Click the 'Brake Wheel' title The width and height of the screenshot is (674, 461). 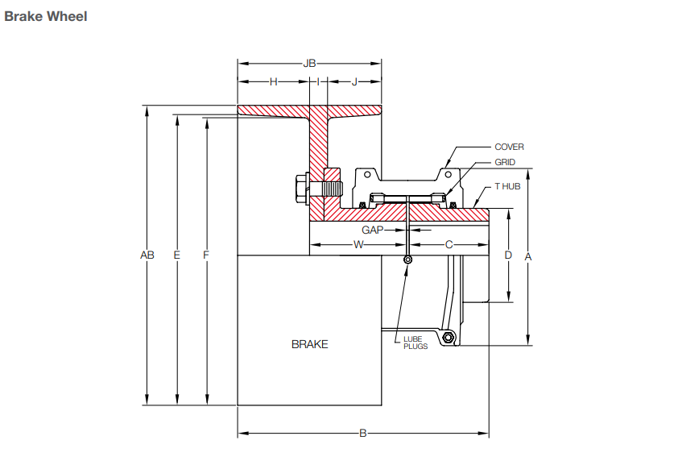[46, 16]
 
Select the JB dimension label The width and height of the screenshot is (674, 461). [309, 63]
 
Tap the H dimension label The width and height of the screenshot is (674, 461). [273, 81]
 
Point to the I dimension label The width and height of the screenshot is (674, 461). [318, 81]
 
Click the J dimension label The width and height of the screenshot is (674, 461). [354, 81]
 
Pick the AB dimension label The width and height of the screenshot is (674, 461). [147, 255]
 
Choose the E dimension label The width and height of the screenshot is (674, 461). [176, 255]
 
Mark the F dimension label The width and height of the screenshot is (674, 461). [206, 255]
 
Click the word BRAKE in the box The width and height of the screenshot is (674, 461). [309, 344]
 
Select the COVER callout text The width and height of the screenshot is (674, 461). [509, 147]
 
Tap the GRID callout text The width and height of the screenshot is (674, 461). [505, 162]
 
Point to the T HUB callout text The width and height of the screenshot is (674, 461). [507, 185]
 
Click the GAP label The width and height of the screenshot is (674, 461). [371, 230]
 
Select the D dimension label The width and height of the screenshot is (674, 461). [508, 255]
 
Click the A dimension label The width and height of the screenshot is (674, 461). [528, 256]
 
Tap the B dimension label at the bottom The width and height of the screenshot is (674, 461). [362, 434]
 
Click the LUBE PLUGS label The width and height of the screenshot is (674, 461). [416, 343]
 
